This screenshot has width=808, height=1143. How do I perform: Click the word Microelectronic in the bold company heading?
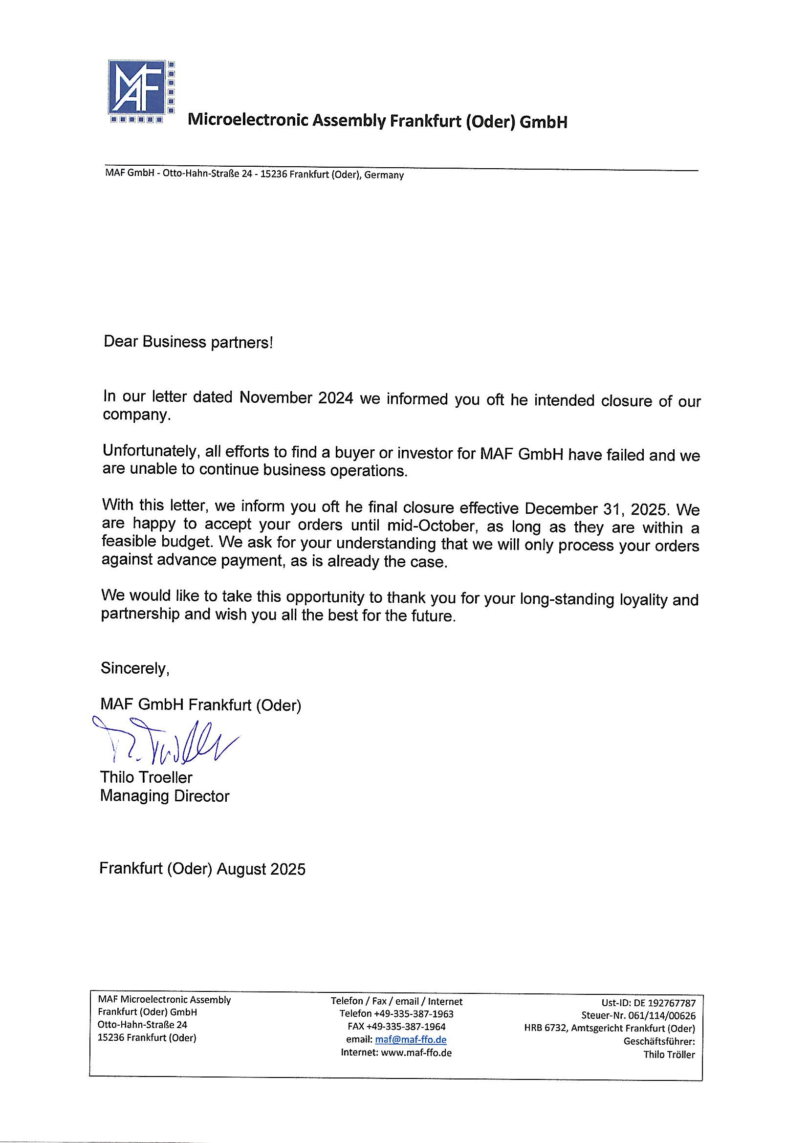pyautogui.click(x=247, y=121)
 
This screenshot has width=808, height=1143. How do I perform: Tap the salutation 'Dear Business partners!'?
pyautogui.click(x=188, y=342)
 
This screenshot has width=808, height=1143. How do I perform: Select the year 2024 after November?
pyautogui.click(x=333, y=398)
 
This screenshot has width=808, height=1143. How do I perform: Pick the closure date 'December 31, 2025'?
pyautogui.click(x=595, y=509)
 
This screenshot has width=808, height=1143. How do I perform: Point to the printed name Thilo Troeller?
pyautogui.click(x=146, y=777)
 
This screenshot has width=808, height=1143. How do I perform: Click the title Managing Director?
pyautogui.click(x=165, y=795)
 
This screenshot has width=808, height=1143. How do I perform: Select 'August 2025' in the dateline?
pyautogui.click(x=261, y=869)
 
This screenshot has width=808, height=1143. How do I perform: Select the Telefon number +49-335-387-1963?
pyautogui.click(x=413, y=1013)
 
